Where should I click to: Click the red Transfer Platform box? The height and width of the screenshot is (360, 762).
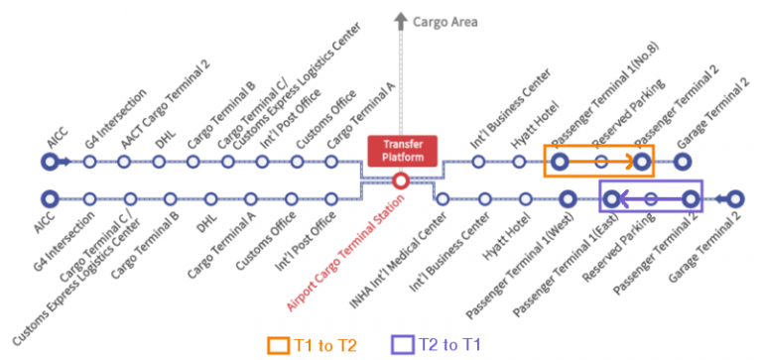click(x=401, y=150)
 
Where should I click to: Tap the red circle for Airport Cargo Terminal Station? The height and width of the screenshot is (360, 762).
click(x=401, y=180)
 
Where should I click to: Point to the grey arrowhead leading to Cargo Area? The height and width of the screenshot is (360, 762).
click(x=400, y=20)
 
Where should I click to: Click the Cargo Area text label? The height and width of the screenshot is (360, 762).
click(x=447, y=20)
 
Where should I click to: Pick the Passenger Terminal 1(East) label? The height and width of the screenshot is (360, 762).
click(x=571, y=258)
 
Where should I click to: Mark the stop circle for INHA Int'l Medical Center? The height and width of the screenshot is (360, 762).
click(x=442, y=199)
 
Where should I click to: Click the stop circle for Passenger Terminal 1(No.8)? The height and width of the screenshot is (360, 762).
click(x=561, y=161)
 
